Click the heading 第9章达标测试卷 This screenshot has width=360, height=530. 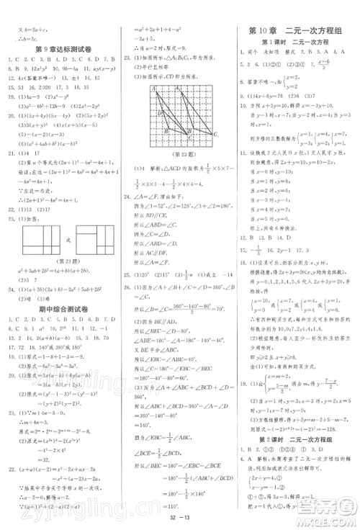(x=62, y=49)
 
